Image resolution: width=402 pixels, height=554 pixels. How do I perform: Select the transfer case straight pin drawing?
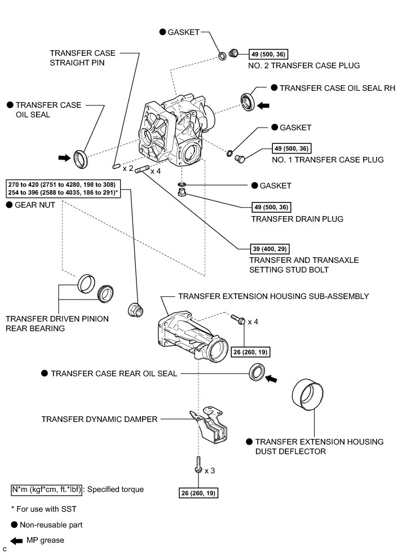[114, 166]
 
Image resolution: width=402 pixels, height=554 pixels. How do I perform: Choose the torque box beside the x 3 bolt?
[198, 493]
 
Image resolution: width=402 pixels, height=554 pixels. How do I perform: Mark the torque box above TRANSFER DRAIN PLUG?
[272, 207]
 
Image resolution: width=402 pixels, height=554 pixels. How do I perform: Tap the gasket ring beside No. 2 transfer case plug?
[223, 55]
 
